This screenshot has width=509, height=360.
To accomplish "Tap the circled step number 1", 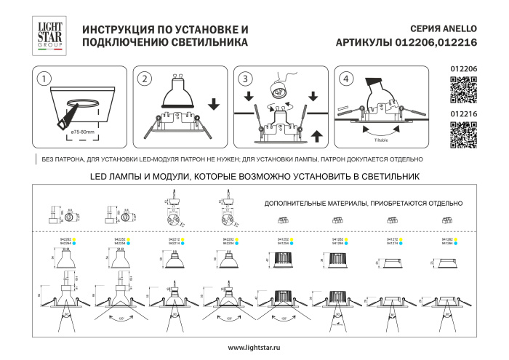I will [45, 79].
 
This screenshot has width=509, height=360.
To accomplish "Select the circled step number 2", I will [145, 79].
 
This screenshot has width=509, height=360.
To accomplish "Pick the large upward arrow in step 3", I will [314, 135].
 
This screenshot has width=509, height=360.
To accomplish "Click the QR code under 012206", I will [463, 90].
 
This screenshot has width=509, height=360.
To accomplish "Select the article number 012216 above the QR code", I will [463, 113].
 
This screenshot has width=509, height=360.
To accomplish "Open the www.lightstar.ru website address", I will [254, 348].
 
